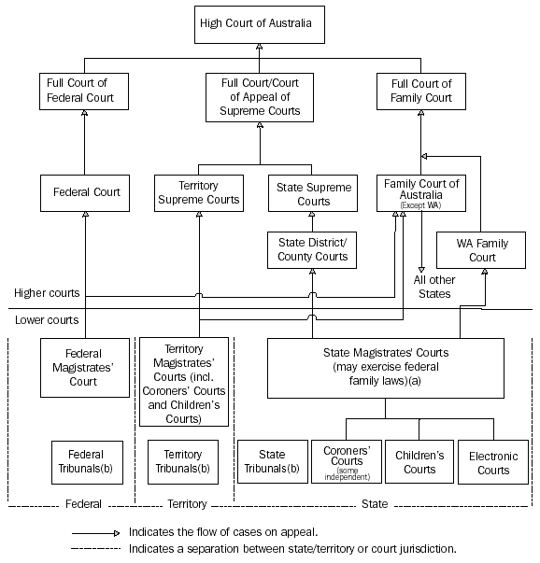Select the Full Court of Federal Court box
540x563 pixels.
tap(84, 91)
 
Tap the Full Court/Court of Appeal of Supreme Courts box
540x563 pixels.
tap(259, 98)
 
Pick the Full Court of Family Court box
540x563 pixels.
tap(420, 91)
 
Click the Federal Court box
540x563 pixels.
tap(84, 194)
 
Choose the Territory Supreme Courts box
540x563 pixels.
tap(197, 193)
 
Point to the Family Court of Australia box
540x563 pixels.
tap(421, 192)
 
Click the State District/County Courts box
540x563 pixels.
tap(312, 249)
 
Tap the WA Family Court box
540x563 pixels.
tap(482, 250)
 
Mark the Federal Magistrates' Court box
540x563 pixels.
tap(84, 367)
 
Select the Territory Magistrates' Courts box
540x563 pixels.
tap(184, 382)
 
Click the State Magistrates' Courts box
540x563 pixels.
tap(386, 367)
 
